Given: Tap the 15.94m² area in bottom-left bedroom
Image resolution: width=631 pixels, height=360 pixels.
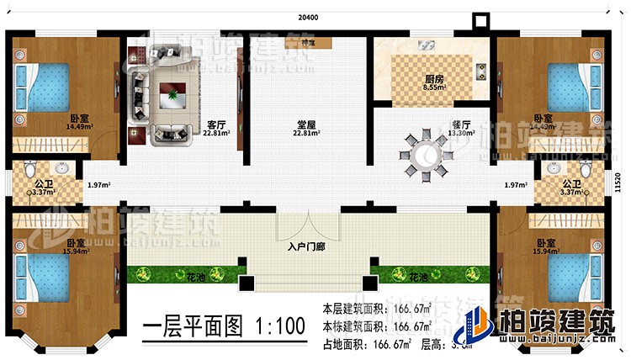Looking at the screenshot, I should tap(75, 251).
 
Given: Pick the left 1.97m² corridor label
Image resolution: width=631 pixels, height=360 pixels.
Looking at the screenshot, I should tap(98, 184).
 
